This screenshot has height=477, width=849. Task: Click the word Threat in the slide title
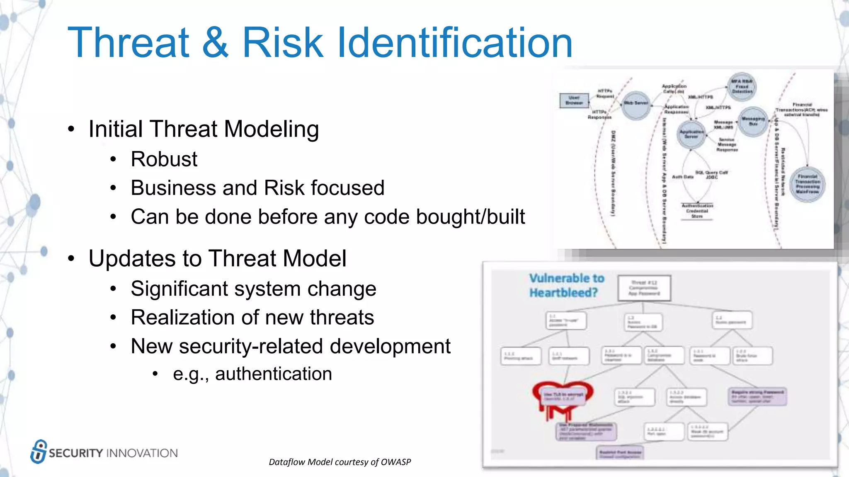pos(129,43)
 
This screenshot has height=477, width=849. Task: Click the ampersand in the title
pos(215,43)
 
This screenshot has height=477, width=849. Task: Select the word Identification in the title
pos(455,43)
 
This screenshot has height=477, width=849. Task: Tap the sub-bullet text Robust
pos(164,159)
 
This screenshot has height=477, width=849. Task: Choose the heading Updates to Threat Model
pos(217,258)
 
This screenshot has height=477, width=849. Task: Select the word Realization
pos(182,318)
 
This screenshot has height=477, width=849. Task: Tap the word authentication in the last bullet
pos(273,374)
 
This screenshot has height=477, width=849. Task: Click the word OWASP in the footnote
pos(395,462)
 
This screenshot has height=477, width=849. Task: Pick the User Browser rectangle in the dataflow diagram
pos(574,101)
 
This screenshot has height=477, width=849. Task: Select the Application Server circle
pos(691,134)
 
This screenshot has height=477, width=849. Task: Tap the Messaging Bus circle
pos(753,122)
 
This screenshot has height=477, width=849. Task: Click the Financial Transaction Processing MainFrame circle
pos(807,184)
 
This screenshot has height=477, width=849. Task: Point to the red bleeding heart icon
pos(562,398)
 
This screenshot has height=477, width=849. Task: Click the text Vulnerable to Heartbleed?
pos(566,285)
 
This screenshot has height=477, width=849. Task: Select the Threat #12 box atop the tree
pos(643,288)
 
